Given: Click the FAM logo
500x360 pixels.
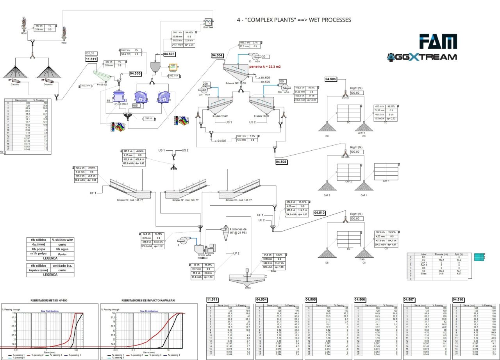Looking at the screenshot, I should (x=437, y=42).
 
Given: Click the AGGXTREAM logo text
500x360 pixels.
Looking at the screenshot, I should (x=421, y=57).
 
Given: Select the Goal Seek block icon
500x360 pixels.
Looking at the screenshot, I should (x=208, y=22).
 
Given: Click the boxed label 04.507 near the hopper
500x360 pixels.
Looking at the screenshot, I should (x=169, y=54).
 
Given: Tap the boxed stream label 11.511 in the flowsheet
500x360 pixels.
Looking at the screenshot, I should (x=91, y=59).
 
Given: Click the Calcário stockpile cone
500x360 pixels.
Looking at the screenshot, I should (x=15, y=71).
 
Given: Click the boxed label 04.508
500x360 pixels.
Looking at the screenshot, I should (x=282, y=161).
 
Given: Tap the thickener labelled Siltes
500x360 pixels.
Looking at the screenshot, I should (x=246, y=279).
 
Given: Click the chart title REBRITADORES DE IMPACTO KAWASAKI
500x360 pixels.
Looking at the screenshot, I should (x=143, y=300).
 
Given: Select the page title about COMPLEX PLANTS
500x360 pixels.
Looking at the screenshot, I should (x=294, y=20).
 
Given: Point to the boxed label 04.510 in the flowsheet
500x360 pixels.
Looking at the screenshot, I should (x=320, y=213).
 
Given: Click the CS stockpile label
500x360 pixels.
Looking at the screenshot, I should (x=364, y=263).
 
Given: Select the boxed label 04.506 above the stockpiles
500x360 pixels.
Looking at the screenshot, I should (x=331, y=79).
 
